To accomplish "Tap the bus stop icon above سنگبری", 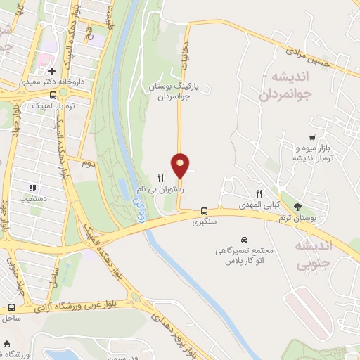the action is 204,211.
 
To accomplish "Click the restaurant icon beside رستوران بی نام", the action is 161,178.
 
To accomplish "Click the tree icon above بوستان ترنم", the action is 298,207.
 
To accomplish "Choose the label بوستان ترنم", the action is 294,217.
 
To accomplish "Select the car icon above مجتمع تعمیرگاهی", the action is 243,240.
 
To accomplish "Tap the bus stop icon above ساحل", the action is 11,307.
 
